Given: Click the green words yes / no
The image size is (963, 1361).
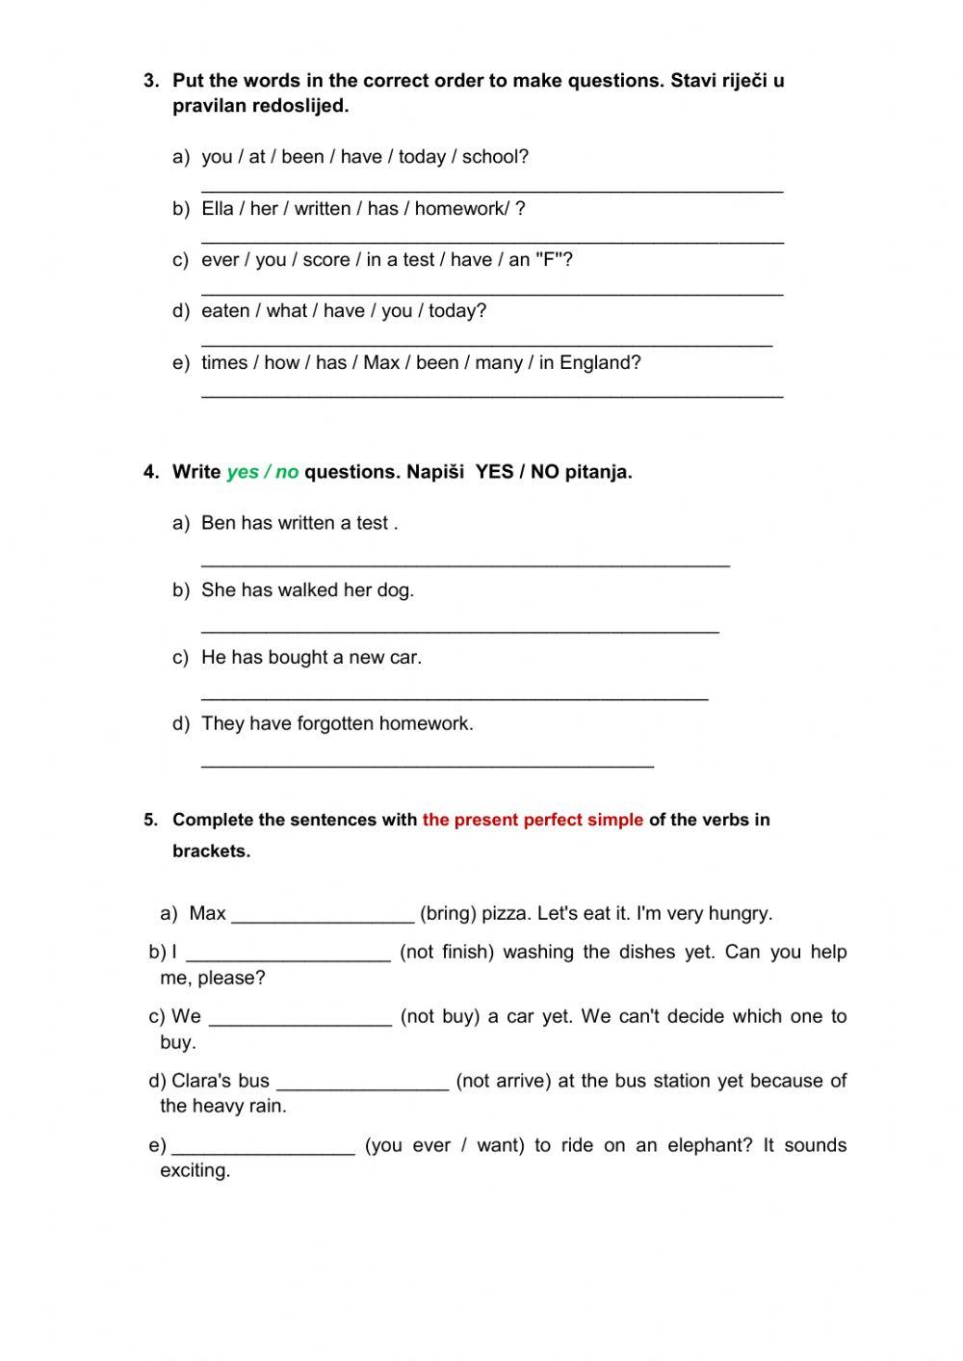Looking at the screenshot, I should pos(262,472).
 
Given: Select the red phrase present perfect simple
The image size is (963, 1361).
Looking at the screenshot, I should pos(533,820).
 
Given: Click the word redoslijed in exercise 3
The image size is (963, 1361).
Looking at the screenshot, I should pos(299,106).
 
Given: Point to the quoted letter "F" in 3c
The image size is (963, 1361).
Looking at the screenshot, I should pos(549,259).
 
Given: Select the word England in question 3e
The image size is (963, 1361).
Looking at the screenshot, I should pos(599,362).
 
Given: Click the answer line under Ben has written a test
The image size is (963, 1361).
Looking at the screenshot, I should pos(465,563).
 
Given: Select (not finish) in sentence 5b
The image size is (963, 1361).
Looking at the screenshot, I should pos(446,952).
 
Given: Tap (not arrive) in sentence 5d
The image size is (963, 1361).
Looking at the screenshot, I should pos(503,1081).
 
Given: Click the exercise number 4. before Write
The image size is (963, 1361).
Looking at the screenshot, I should pos(151,472).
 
